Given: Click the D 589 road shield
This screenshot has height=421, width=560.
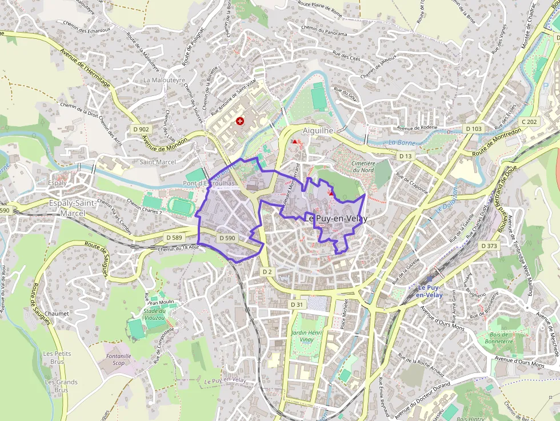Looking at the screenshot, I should (174, 237).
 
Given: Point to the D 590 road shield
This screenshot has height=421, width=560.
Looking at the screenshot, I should (227, 238).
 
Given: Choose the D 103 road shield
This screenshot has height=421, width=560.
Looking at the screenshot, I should (473, 129).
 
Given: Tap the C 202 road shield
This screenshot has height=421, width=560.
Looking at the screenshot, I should (529, 122).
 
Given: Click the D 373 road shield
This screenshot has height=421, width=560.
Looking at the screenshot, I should (489, 246).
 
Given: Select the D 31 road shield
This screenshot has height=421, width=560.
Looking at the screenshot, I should (296, 305).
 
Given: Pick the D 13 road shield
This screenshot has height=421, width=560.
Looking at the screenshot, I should (405, 156).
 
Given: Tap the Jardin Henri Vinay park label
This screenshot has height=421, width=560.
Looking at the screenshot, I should (307, 336).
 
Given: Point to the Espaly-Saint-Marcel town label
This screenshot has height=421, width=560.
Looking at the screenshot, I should (66, 209).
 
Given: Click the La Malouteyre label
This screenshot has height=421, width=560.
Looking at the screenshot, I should (165, 81).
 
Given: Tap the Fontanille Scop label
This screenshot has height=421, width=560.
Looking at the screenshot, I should (118, 359).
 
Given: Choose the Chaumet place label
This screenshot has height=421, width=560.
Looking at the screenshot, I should (57, 314).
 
